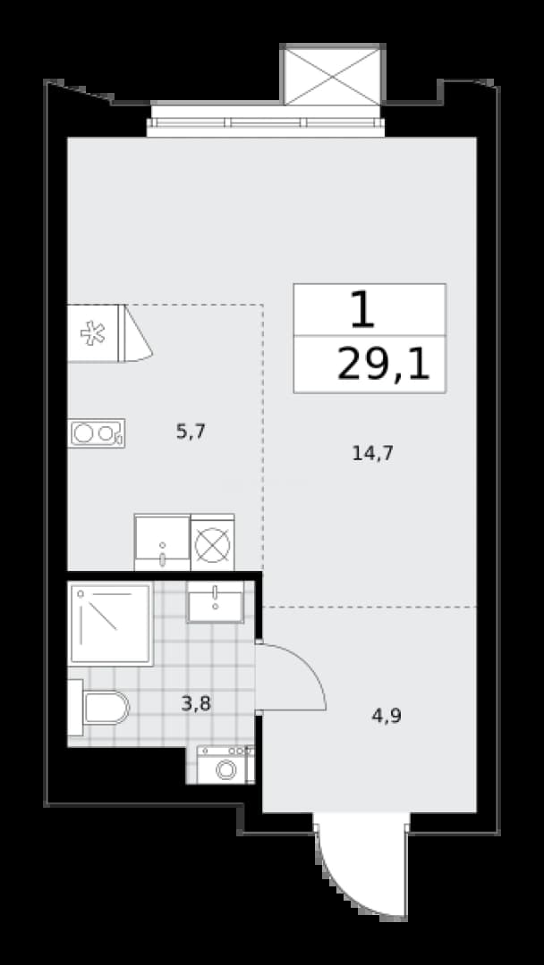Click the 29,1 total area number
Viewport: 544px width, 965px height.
pos(383,365)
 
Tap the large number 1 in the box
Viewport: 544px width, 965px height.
pos(362,309)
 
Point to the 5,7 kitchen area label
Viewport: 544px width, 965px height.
pos(191,432)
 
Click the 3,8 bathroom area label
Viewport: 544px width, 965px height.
pos(196,703)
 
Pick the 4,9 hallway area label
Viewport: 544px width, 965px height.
pos(387,716)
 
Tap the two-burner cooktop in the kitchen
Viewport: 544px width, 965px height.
pos(96,433)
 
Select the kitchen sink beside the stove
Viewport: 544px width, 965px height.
pos(162,542)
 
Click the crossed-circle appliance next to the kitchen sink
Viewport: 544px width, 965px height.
pos(213,542)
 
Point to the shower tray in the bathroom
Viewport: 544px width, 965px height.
pos(111,624)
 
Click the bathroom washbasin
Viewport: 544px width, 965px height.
pos(216,602)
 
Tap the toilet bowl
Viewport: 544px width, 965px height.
pos(106,708)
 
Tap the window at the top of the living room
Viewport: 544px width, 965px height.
pos(266,122)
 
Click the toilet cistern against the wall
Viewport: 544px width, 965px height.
pos(75,708)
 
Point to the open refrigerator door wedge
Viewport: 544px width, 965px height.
pos(137,335)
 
